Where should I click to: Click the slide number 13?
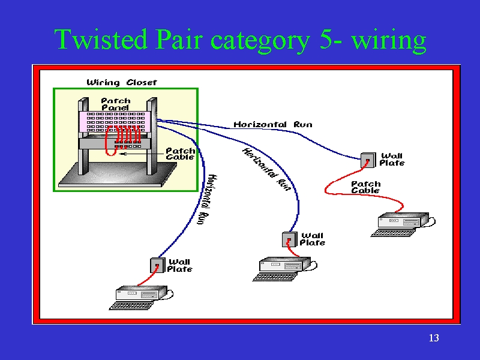pos(434,338)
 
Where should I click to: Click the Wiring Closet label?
pos(122,82)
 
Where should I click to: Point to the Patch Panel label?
pos(115,104)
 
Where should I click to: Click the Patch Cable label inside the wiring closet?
pos(180,154)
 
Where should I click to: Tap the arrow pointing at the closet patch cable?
pos(142,154)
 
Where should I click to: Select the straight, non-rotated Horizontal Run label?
pos(273,125)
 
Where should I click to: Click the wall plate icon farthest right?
pos(368,160)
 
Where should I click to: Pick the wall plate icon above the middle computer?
pos(289,239)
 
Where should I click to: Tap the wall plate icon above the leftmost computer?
pos(157,265)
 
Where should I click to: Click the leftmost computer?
pos(141,298)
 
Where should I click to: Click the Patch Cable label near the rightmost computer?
pos(365,187)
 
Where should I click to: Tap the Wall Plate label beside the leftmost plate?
pos(179,265)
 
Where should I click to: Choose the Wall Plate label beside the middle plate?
pos(312,239)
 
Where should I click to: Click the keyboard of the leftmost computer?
pos(131,306)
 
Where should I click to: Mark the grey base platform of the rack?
pos(118,175)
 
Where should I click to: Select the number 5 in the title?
pos(325,39)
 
